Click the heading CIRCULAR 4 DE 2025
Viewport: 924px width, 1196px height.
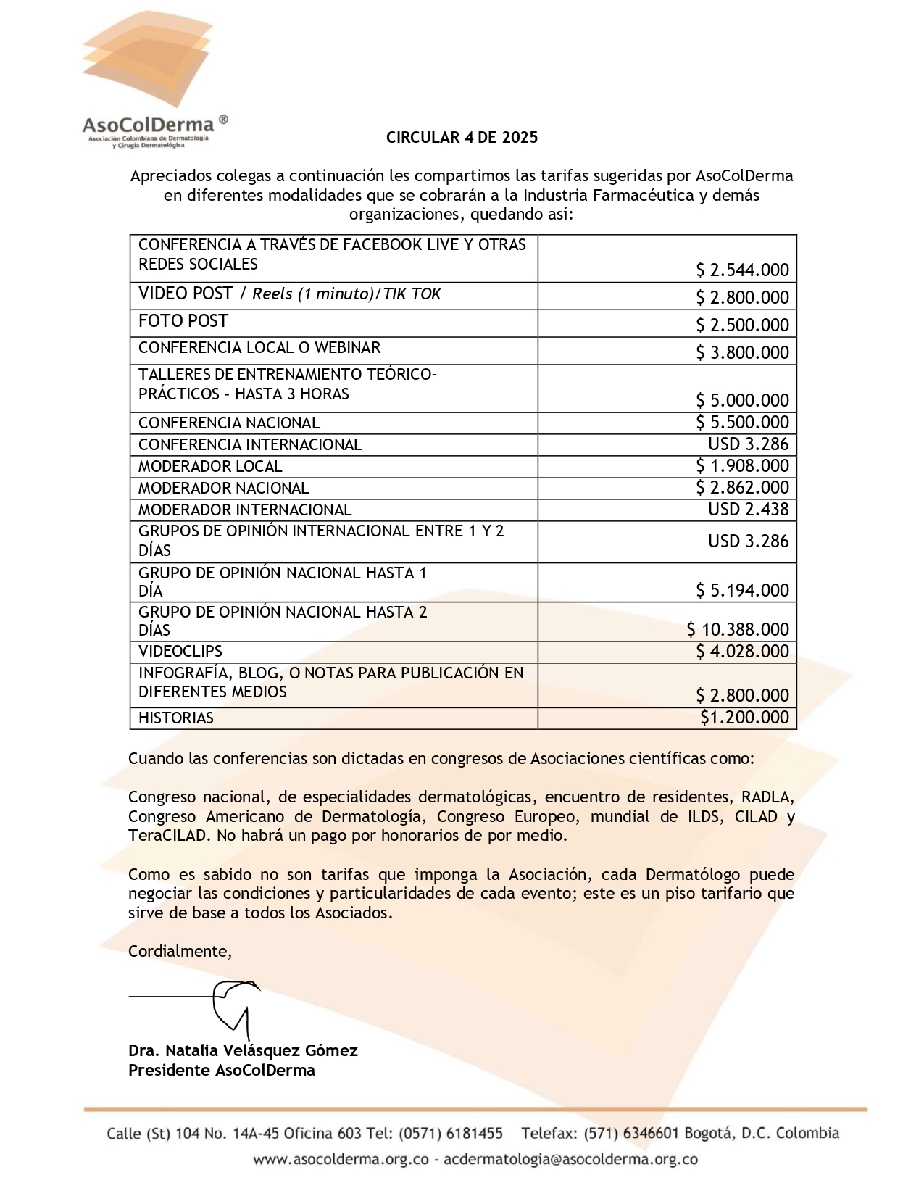point(462,138)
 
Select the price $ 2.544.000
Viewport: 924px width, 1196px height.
point(742,270)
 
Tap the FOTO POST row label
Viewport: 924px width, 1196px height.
point(183,321)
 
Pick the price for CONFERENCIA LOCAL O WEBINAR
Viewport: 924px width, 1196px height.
point(742,353)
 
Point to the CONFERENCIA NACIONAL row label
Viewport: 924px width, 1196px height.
point(229,423)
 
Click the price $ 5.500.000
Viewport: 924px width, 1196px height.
point(742,423)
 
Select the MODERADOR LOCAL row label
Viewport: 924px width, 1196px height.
point(210,467)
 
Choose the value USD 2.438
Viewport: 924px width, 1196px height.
point(748,510)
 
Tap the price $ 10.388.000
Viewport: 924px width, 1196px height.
point(738,630)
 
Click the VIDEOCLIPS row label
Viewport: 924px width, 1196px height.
point(180,652)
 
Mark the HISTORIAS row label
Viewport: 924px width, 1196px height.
point(176,718)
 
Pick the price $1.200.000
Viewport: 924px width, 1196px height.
point(744,718)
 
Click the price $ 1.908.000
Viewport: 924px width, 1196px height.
point(742,466)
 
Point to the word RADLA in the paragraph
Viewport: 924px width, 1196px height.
point(767,797)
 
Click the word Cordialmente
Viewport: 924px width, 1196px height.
point(180,952)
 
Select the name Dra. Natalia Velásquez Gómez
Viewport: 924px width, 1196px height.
point(243,1051)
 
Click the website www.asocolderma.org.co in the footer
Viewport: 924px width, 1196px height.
point(341,1160)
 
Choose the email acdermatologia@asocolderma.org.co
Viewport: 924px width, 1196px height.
point(570,1160)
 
